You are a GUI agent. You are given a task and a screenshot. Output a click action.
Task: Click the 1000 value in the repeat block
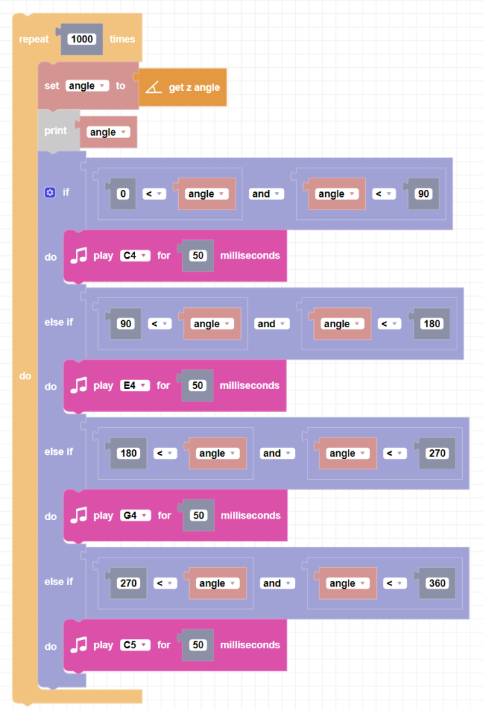click(x=82, y=40)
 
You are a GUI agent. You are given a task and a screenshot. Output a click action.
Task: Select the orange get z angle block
click(x=193, y=87)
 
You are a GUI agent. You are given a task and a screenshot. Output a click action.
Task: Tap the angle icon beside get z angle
click(x=154, y=87)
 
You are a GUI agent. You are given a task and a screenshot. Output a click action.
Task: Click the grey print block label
click(x=55, y=130)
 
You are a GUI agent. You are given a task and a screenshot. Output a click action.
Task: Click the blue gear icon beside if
click(x=49, y=192)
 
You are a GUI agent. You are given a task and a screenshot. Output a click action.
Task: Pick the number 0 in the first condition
click(x=123, y=194)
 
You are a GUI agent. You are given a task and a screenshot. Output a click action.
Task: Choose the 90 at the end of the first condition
click(x=423, y=194)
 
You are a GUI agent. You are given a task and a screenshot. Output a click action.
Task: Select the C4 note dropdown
click(x=134, y=255)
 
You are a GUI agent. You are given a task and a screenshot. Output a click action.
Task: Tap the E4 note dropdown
click(x=134, y=386)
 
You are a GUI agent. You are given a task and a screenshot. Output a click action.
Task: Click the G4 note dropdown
click(x=135, y=515)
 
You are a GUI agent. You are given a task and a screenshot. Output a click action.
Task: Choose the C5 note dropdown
click(x=134, y=645)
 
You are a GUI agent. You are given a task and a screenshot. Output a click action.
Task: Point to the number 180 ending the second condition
click(x=431, y=324)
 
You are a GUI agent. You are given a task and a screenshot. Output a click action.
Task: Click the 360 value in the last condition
click(x=437, y=583)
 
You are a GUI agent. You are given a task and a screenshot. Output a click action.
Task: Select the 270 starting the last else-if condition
click(x=128, y=583)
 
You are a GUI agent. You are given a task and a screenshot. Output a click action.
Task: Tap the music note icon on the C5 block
click(x=79, y=645)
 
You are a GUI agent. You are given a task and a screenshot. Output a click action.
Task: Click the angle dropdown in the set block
click(x=87, y=86)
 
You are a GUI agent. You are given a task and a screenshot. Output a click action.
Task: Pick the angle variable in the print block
click(x=108, y=132)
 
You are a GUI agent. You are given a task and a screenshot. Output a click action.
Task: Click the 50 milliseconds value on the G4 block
click(x=199, y=515)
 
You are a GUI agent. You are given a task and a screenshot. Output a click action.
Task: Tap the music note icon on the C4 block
click(x=79, y=255)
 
